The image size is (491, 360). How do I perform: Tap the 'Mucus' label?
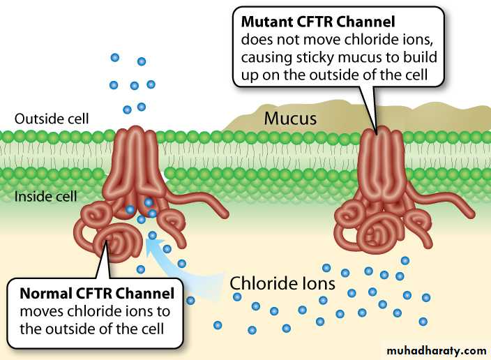click(289, 119)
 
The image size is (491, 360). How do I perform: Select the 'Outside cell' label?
click(52, 118)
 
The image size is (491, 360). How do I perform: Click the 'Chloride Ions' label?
click(282, 284)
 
